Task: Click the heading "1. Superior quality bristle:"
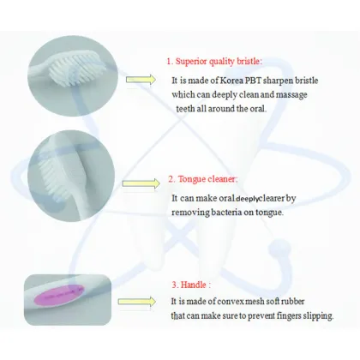click(214, 61)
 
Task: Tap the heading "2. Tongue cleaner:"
click(202, 179)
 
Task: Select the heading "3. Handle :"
click(190, 284)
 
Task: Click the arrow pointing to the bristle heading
click(142, 79)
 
